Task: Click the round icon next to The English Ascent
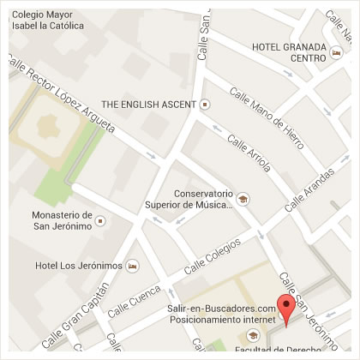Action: (205, 105)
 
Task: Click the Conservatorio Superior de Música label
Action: (203, 199)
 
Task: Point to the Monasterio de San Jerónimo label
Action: (61, 220)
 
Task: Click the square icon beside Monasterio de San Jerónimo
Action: (102, 221)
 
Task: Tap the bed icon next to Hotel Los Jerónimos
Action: (132, 266)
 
